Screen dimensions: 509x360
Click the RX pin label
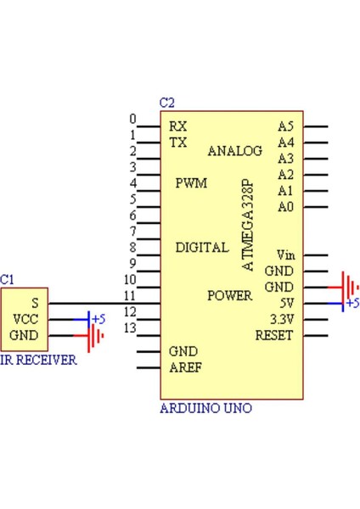177,126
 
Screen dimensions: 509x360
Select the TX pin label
177,143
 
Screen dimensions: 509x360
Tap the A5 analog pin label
285,126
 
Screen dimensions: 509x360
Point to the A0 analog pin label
285,206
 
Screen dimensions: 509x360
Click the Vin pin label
285,255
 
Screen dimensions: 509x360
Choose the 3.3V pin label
281,320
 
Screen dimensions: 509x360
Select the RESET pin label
273,335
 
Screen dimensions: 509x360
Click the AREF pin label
185,367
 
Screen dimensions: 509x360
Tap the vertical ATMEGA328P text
248,225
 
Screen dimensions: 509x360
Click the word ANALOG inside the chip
234,151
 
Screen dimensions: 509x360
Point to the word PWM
191,183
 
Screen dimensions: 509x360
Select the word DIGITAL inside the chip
201,248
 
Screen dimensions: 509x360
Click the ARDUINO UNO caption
205,408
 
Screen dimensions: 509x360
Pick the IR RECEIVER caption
38,361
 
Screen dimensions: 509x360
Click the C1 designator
7,278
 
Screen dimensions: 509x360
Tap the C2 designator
166,103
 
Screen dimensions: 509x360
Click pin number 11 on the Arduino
129,295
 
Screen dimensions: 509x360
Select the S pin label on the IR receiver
35,303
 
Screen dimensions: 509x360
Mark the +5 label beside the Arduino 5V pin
352,303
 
